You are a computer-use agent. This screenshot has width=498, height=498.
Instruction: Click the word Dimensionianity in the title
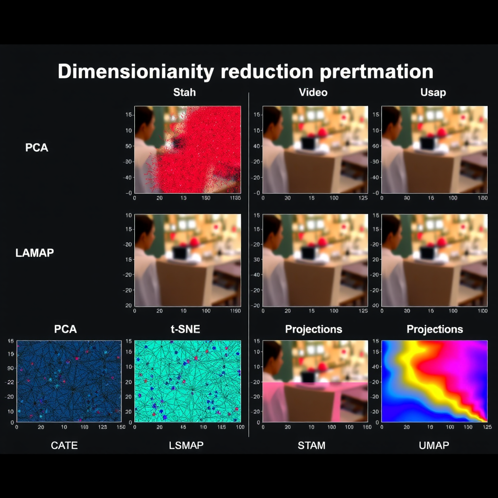pos(136,71)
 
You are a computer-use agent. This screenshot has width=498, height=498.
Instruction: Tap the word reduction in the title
pos(267,71)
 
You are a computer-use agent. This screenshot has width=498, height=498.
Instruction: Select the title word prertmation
pos(376,71)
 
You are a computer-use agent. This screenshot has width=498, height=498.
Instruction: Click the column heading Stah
pos(184,92)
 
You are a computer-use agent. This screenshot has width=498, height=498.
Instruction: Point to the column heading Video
pos(313,92)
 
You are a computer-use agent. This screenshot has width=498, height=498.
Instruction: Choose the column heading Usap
pos(433,92)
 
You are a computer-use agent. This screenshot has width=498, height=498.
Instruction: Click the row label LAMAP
pos(35,252)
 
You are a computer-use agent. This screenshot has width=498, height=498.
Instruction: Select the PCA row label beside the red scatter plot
pos(37,147)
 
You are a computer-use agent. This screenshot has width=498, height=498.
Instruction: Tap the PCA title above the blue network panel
pos(65,329)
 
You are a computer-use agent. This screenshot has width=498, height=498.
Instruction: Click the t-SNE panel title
pos(185,329)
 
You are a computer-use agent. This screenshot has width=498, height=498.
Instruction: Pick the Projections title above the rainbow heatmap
pos(434,329)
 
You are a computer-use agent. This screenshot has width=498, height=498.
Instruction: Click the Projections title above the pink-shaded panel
pos(314,329)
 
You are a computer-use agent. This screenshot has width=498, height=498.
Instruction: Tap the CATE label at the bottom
pos(64,445)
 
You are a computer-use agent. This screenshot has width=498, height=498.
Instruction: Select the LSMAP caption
pos(186,445)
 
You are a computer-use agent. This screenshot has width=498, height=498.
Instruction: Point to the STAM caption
pos(311,445)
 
